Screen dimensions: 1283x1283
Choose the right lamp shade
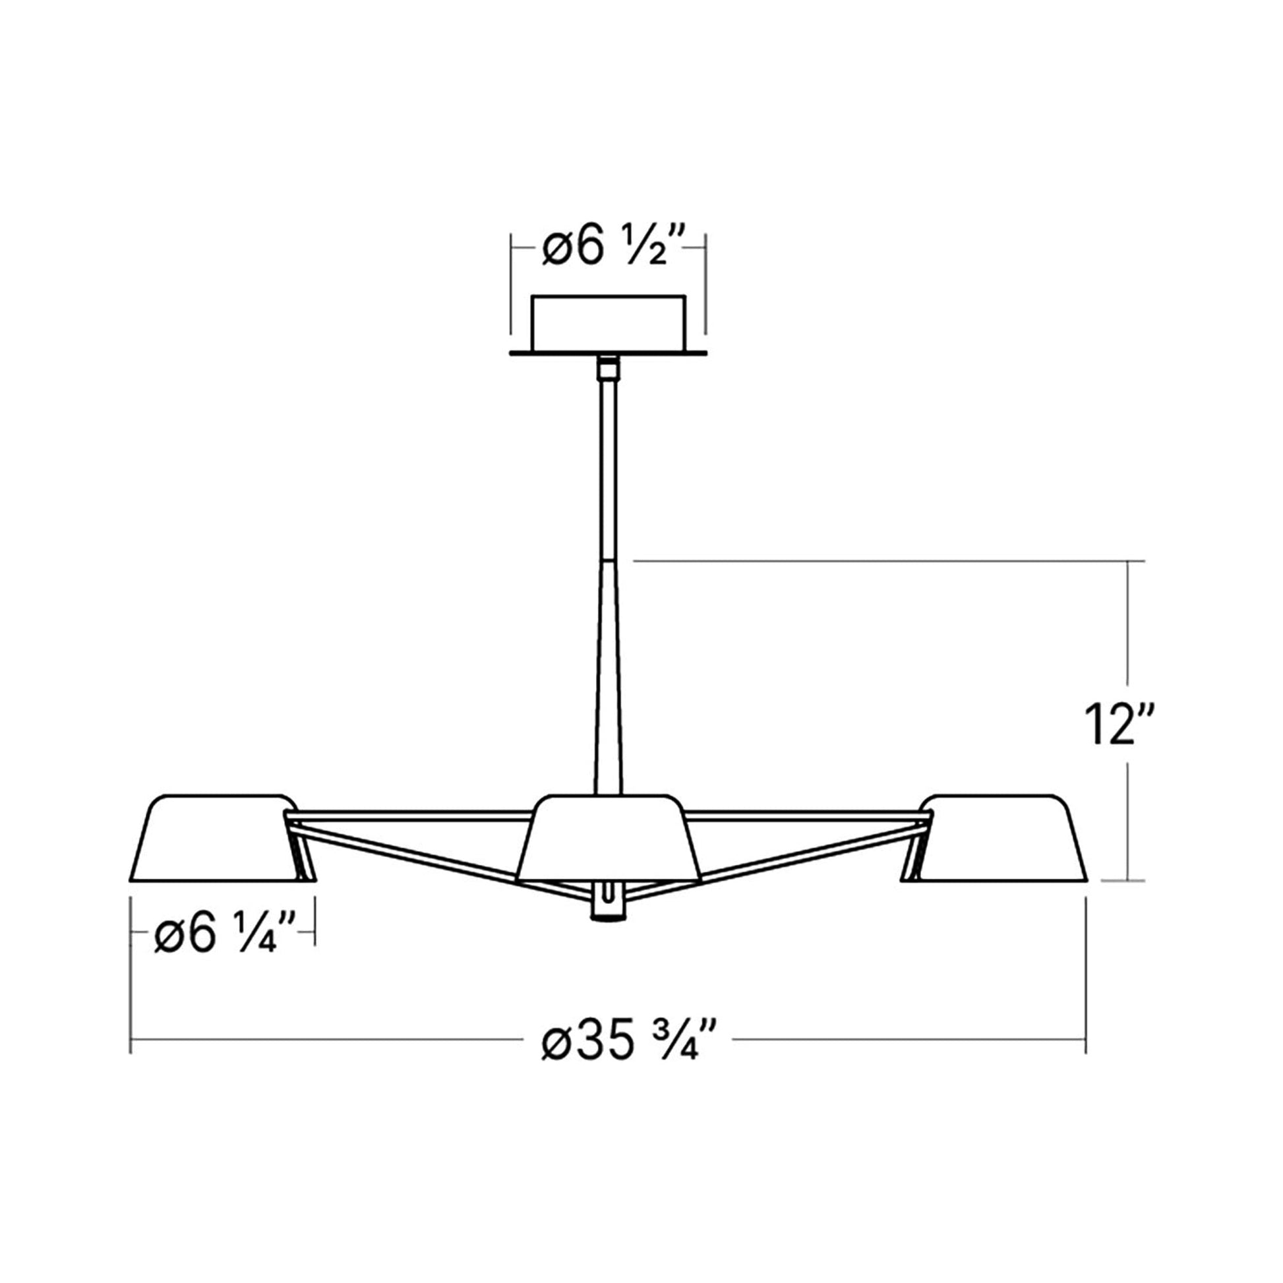click(x=1003, y=839)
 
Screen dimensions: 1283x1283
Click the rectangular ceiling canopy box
click(x=607, y=323)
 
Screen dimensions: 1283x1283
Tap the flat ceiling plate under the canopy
click(x=607, y=353)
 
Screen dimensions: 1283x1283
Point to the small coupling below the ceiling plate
click(x=607, y=367)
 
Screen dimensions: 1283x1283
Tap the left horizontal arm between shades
click(x=411, y=814)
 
